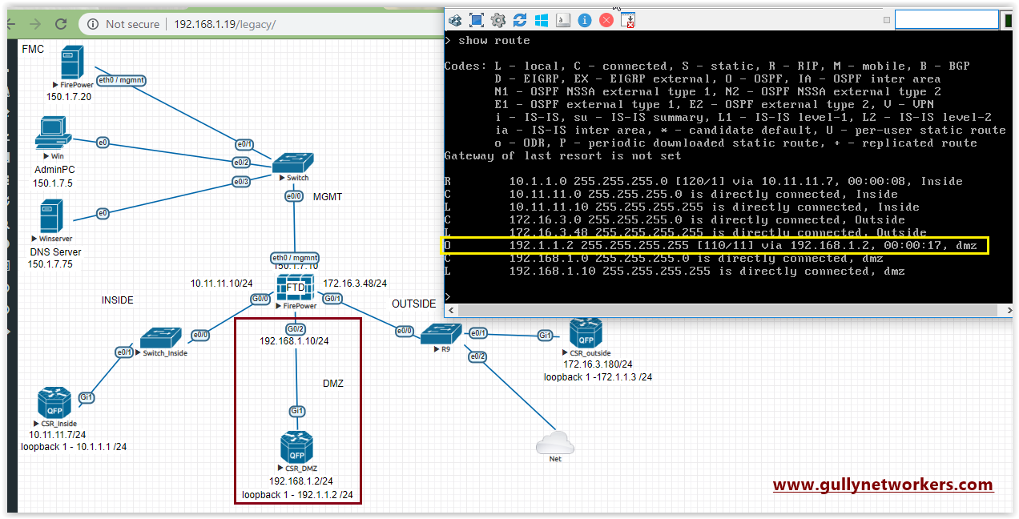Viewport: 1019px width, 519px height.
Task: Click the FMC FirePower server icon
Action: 72,62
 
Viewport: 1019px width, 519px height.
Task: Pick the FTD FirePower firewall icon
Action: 296,288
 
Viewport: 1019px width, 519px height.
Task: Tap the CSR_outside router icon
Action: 586,333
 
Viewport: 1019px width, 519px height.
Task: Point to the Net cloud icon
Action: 555,441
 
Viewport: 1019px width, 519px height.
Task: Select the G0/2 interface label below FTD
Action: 295,328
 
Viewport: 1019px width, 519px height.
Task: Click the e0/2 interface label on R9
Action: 477,356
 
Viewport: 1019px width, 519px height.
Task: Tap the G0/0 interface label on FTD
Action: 260,300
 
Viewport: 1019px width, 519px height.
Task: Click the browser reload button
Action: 60,24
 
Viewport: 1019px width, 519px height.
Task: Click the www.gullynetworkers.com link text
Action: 883,485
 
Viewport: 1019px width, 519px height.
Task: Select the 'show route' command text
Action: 493,40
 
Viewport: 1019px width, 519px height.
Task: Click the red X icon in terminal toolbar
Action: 606,20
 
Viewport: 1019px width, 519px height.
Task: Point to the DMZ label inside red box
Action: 332,384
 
